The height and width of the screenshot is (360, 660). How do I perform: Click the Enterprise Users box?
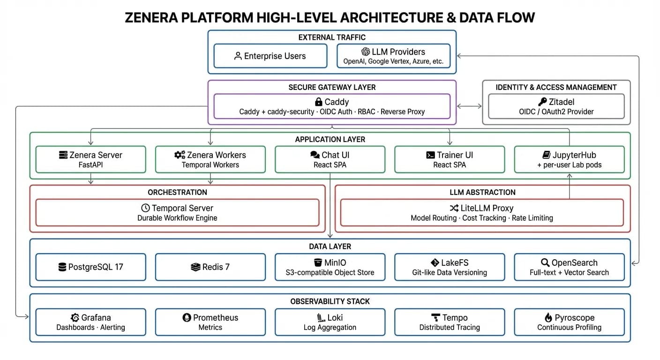[x=270, y=56]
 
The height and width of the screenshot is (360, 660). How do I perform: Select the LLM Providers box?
[x=393, y=56]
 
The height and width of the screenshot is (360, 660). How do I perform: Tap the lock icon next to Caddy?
[x=318, y=102]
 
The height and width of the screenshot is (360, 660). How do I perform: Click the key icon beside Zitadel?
[x=542, y=102]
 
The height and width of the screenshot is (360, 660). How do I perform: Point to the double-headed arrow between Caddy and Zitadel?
[x=469, y=106]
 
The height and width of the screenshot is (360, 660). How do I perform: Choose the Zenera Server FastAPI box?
[x=90, y=159]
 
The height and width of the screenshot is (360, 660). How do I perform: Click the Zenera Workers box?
[x=210, y=159]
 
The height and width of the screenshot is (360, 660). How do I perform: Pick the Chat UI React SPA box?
[x=330, y=159]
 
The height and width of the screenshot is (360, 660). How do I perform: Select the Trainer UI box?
[x=450, y=159]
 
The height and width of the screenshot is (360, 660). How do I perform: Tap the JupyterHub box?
[x=569, y=159]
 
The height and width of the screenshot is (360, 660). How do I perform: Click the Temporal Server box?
[x=177, y=212]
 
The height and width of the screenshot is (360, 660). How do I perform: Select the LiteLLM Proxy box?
[x=481, y=212]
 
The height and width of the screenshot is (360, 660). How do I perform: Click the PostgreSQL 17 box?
[x=90, y=267]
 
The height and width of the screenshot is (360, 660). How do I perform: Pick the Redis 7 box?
[x=210, y=267]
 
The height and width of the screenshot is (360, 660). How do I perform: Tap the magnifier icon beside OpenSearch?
[x=545, y=262]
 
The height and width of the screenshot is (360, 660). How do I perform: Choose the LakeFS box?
[x=450, y=267]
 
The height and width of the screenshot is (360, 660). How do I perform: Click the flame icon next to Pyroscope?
[x=548, y=317]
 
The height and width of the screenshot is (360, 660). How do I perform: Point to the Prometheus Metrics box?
[x=210, y=322]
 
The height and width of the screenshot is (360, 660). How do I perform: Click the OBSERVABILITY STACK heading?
[x=330, y=301]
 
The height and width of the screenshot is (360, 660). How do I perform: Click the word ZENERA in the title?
[x=152, y=18]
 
